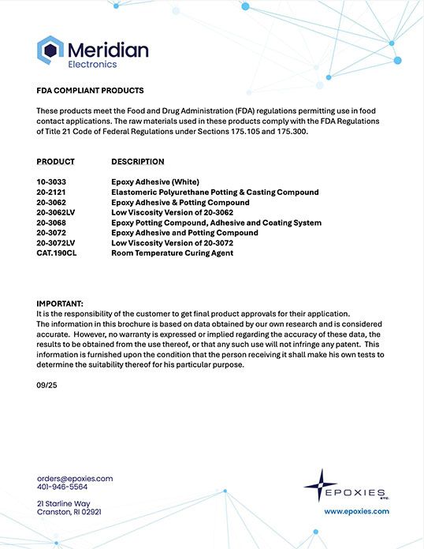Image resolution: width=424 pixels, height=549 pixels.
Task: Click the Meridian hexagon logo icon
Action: point(50,51)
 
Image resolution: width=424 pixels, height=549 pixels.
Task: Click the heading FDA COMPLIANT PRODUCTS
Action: point(90,91)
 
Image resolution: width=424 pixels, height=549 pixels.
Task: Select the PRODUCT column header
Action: point(55,162)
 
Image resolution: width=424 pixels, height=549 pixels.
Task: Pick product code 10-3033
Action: point(51,182)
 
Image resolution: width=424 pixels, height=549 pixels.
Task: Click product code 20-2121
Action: point(51,192)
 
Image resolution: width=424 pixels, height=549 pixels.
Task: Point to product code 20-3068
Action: point(51,223)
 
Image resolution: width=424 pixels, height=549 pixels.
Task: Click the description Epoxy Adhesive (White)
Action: point(156,182)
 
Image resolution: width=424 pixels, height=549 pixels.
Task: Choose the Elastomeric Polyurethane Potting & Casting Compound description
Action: point(214,192)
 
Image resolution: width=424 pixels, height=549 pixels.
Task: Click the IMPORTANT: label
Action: point(60,304)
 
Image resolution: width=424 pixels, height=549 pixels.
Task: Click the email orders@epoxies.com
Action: point(75,479)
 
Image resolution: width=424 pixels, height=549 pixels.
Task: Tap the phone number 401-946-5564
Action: point(62,487)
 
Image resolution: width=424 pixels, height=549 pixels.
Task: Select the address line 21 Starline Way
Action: point(63,503)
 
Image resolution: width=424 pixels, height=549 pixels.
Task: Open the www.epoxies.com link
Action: point(357,511)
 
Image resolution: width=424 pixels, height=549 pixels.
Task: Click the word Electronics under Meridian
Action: point(92,65)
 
